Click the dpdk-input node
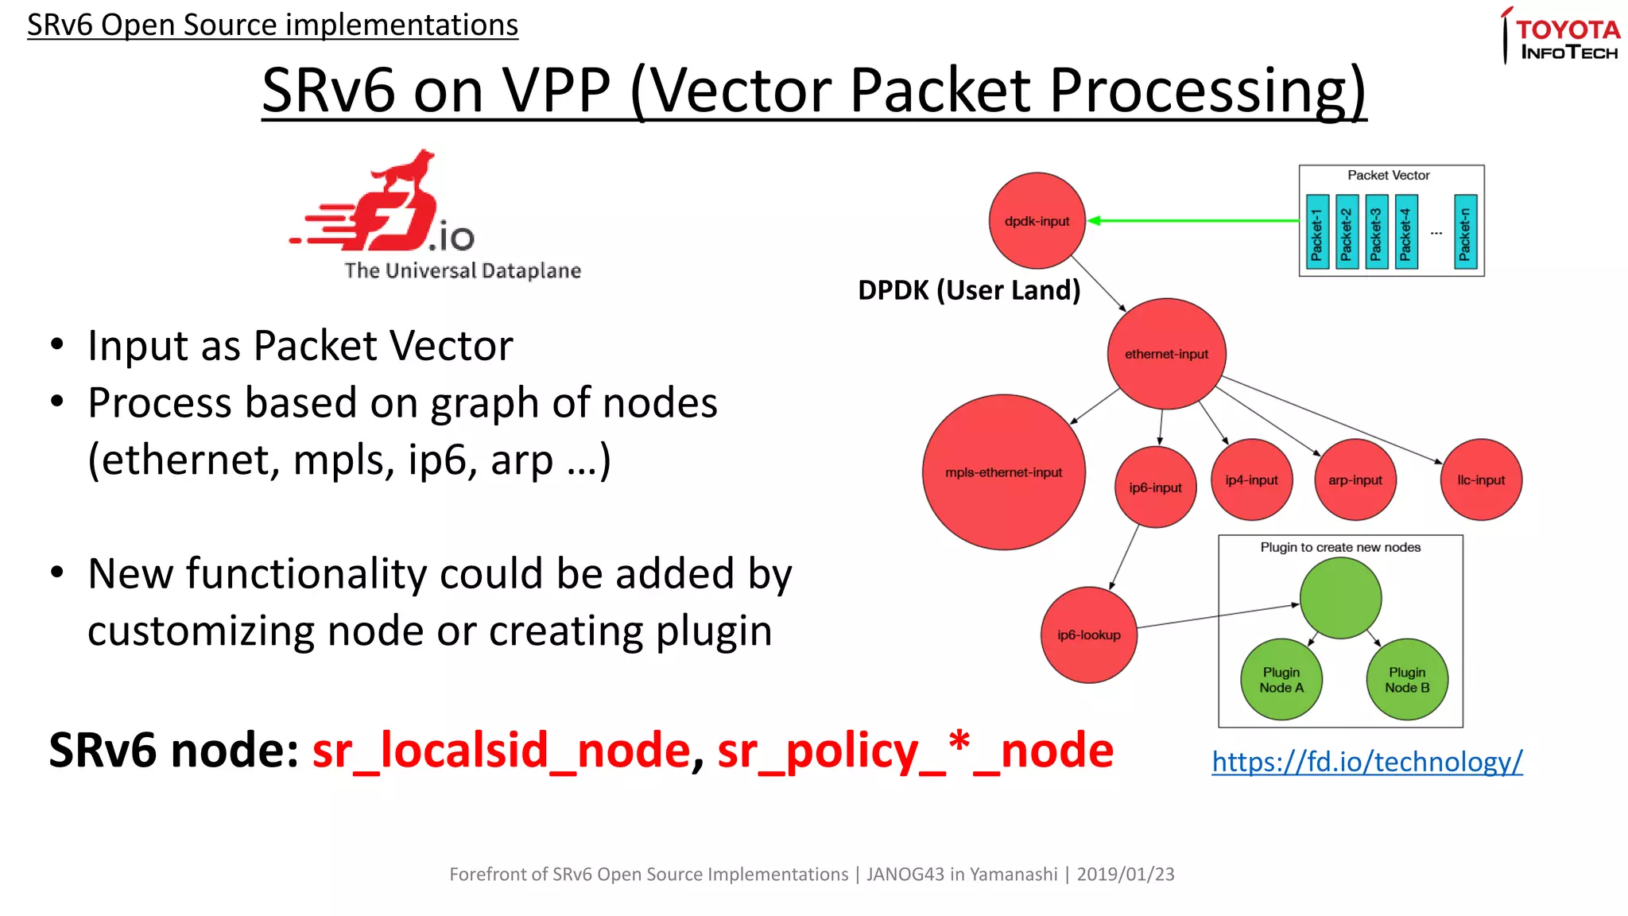tap(1037, 220)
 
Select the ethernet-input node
tap(1166, 354)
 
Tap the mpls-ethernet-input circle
tap(1003, 472)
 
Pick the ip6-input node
tap(1155, 487)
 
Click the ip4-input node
tap(1251, 479)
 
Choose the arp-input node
tap(1355, 479)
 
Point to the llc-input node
tap(1480, 479)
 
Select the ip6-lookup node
tap(1088, 635)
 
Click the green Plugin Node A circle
tap(1281, 680)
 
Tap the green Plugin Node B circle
tap(1407, 680)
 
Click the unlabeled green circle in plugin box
tap(1340, 598)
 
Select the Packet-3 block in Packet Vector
tap(1376, 232)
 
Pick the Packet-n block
tap(1465, 232)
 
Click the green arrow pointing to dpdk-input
tap(1192, 220)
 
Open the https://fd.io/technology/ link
tap(1366, 762)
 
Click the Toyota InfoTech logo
tap(1562, 37)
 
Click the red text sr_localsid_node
tap(502, 751)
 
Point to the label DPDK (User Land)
tap(968, 290)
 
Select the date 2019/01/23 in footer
tap(1125, 874)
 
